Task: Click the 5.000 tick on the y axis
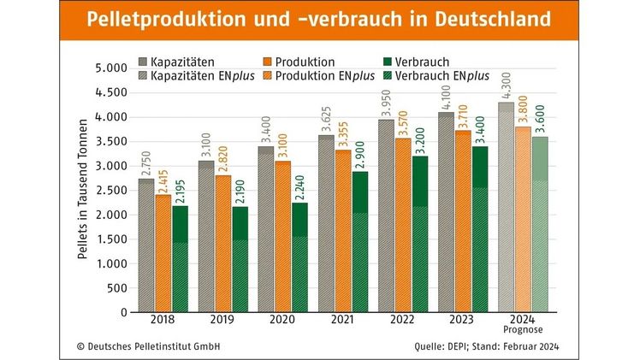(106, 68)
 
